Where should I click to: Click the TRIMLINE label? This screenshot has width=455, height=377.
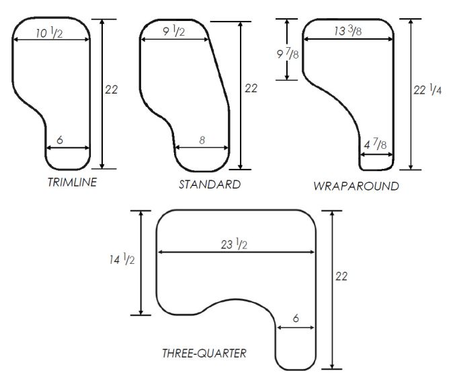[71, 182]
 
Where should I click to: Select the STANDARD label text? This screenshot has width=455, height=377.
[209, 184]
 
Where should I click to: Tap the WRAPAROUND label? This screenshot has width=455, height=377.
[356, 186]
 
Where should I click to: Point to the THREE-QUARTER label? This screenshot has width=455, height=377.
[204, 353]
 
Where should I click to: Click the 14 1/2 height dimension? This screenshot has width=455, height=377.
[121, 260]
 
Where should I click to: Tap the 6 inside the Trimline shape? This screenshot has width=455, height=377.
[60, 140]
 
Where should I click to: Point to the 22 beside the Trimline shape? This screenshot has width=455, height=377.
[112, 89]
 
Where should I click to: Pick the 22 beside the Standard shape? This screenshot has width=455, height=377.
[251, 88]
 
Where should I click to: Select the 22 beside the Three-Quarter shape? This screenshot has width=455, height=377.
[341, 277]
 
